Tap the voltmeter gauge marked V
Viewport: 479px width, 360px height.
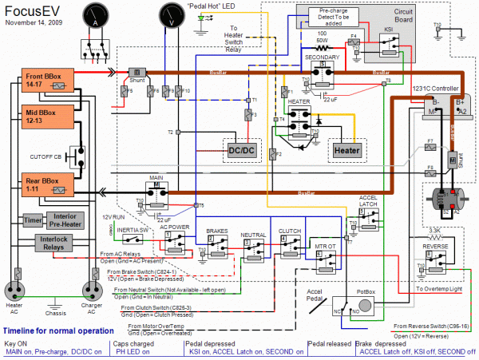[170, 16]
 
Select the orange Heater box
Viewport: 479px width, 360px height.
[348, 150]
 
